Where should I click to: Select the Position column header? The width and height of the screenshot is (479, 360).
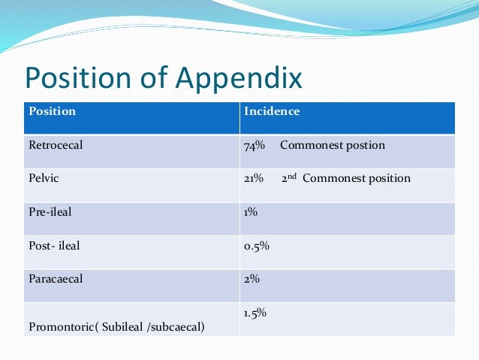(x=52, y=112)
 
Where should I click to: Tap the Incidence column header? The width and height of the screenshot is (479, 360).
(x=271, y=112)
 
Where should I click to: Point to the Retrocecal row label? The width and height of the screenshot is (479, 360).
(x=56, y=145)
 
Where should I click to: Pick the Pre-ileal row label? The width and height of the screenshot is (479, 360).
(x=50, y=212)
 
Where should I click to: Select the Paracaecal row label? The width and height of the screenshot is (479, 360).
(x=56, y=279)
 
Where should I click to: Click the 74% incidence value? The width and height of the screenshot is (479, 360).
(x=254, y=145)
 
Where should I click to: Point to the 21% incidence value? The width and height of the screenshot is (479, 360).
(x=253, y=179)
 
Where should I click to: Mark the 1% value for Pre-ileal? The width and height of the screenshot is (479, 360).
(x=250, y=212)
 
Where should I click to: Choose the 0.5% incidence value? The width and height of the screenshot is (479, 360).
(x=256, y=245)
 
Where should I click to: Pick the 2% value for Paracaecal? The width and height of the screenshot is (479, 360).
(x=252, y=279)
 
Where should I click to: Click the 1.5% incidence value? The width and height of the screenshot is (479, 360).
(x=255, y=312)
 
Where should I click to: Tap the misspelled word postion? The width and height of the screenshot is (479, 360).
(x=366, y=145)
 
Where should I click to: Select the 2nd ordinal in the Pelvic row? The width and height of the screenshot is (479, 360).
(x=290, y=177)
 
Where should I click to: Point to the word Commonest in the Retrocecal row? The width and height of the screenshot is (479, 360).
(x=312, y=145)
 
